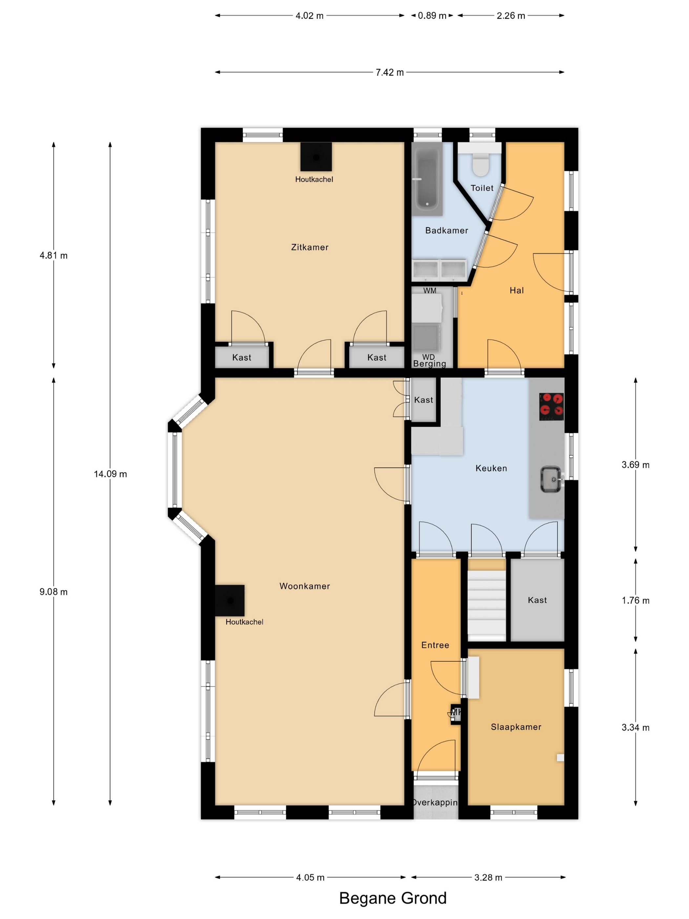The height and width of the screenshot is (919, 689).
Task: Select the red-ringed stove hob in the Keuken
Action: click(551, 406)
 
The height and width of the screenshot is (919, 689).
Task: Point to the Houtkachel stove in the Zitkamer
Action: click(316, 157)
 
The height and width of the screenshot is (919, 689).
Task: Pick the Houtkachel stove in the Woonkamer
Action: click(230, 600)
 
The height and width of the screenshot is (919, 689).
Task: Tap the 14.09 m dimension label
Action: click(110, 474)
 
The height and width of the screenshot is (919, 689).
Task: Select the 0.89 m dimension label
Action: click(431, 16)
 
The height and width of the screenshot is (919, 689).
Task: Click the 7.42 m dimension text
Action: click(389, 72)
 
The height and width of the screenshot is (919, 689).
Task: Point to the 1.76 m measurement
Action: click(635, 600)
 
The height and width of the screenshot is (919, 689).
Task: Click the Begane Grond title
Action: click(392, 898)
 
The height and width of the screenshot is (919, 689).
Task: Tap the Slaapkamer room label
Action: click(516, 727)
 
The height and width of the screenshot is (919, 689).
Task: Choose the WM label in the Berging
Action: click(429, 290)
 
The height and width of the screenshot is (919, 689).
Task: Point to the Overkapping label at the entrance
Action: click(435, 802)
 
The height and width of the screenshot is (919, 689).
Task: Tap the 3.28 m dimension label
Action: click(488, 877)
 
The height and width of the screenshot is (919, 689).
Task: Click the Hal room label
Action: click(516, 290)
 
